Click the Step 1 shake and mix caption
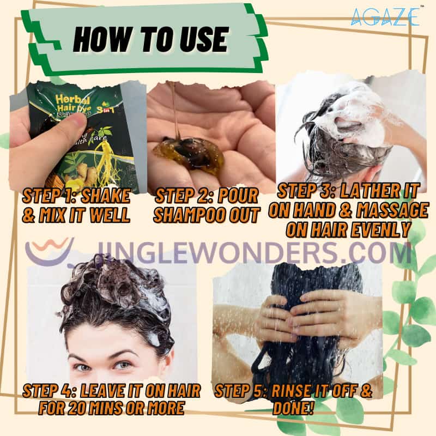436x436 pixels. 76,204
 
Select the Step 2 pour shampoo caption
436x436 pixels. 206,204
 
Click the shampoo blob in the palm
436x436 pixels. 188,155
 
